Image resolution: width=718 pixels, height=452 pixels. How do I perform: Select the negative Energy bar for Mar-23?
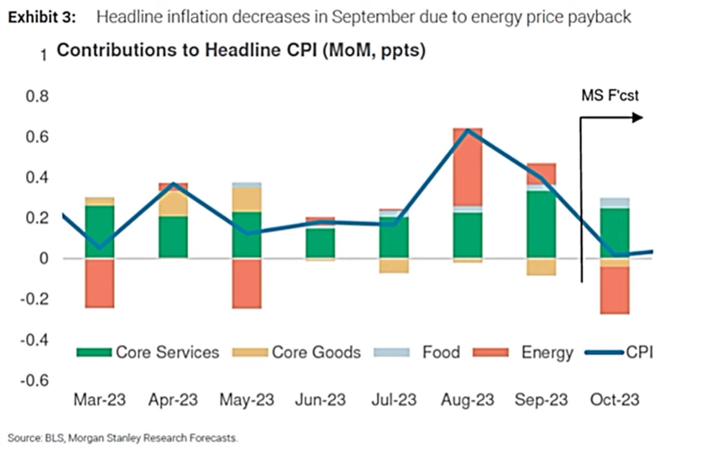click(x=100, y=283)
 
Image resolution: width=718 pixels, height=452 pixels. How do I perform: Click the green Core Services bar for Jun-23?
click(x=320, y=243)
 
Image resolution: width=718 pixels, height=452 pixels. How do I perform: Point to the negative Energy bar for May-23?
click(x=247, y=283)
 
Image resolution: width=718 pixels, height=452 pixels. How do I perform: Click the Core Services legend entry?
click(x=149, y=351)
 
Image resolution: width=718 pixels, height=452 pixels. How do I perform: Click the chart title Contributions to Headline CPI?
click(x=241, y=51)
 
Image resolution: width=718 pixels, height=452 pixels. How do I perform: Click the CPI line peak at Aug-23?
click(x=468, y=130)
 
